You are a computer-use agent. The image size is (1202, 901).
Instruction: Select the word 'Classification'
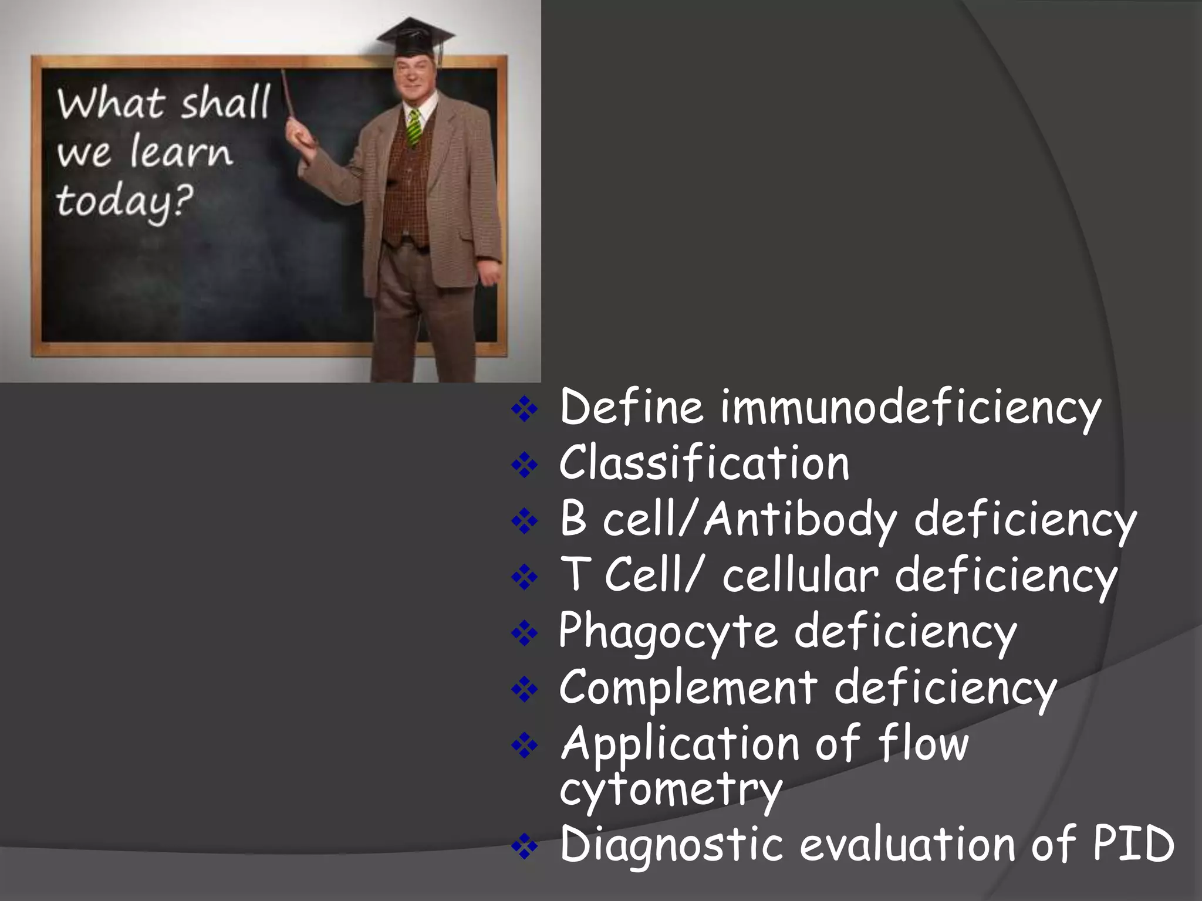coord(704,463)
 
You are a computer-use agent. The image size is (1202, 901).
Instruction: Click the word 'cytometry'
coord(671,790)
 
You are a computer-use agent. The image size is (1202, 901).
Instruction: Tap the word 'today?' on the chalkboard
coord(124,202)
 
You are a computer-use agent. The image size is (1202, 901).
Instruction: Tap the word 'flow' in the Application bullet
coord(923,744)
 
